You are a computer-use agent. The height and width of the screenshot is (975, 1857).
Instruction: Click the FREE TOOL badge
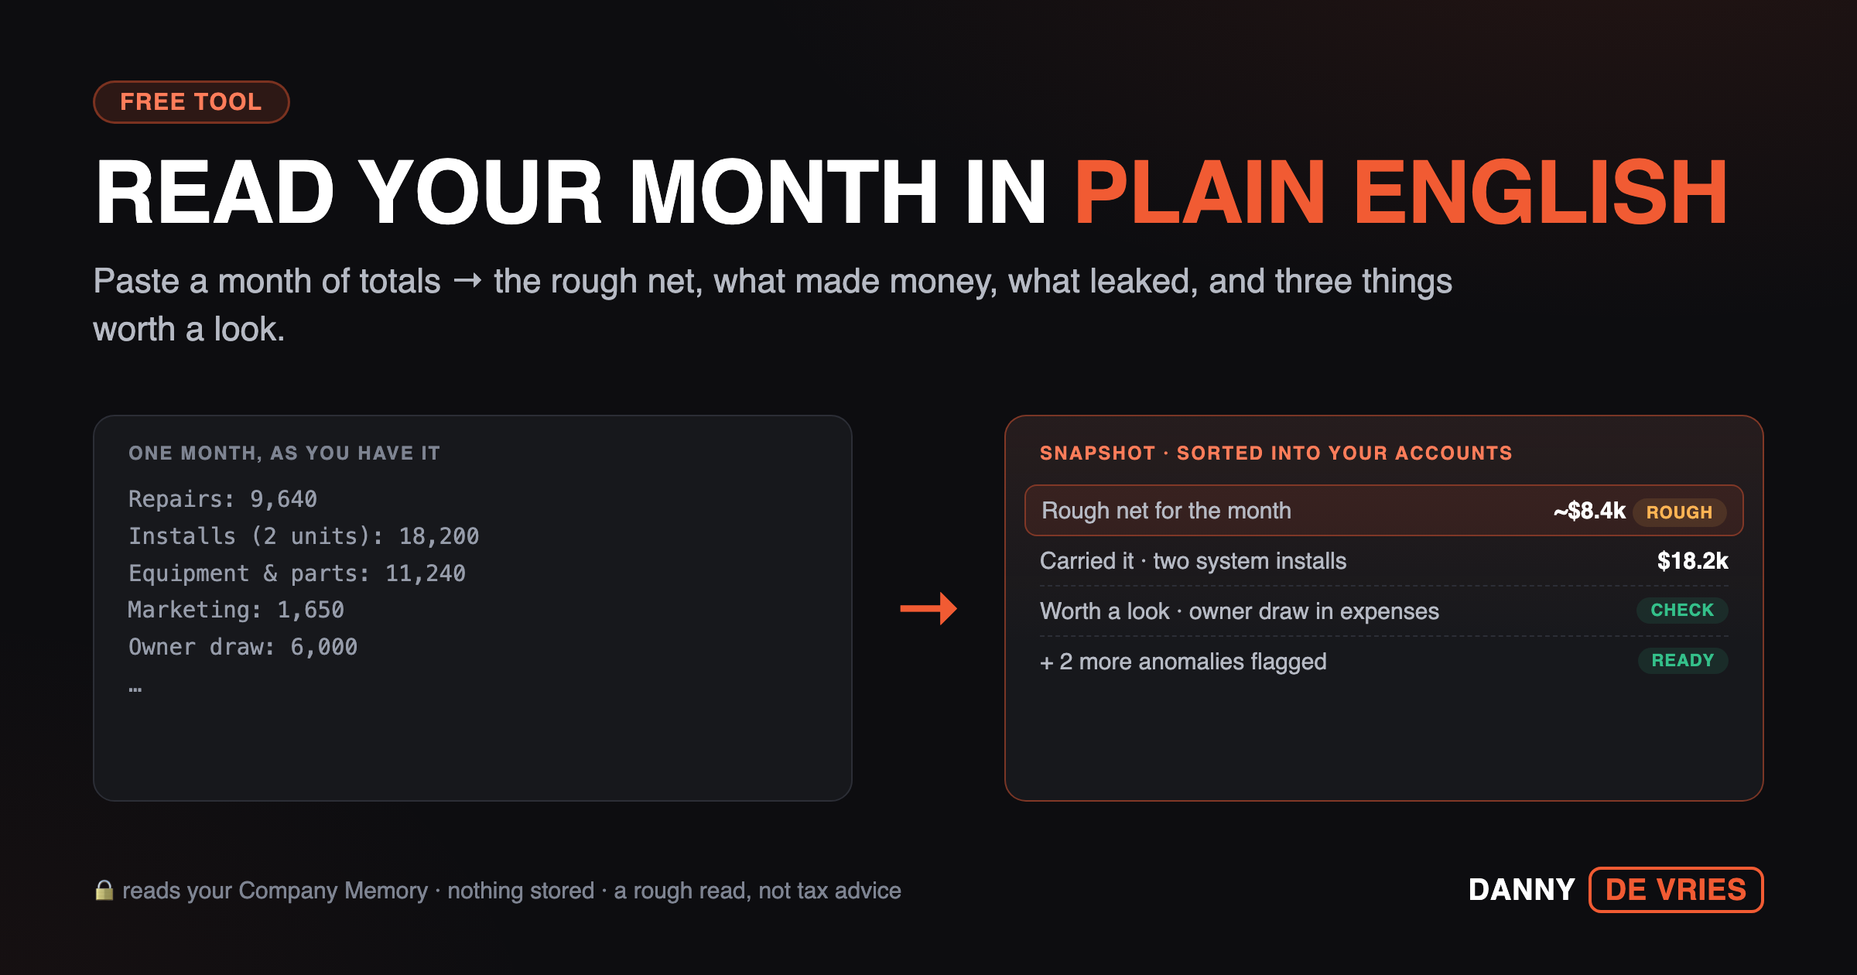(x=191, y=102)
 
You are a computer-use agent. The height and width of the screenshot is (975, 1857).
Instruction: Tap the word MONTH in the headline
(x=783, y=192)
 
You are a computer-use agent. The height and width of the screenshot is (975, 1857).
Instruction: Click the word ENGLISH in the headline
(x=1540, y=192)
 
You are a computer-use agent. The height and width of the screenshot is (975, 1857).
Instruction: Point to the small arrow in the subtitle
(x=467, y=280)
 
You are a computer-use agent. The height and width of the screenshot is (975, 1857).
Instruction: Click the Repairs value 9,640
(x=283, y=499)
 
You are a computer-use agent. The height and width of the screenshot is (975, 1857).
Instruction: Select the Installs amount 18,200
(x=439, y=536)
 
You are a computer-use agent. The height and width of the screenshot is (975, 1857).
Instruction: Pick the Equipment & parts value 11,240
(x=426, y=573)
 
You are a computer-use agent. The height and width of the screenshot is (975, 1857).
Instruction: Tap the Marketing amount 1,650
(x=311, y=610)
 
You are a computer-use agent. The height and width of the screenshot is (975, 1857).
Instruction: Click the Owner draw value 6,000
(x=324, y=647)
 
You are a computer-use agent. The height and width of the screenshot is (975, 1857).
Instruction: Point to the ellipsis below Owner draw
(x=135, y=689)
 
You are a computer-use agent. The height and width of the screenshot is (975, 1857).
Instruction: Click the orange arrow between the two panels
(x=929, y=608)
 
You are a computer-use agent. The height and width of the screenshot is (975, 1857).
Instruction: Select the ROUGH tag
(x=1679, y=512)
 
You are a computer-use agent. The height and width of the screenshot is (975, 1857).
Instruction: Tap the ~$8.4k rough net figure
(x=1589, y=511)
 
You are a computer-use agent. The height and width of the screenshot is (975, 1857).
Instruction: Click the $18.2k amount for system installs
(x=1692, y=561)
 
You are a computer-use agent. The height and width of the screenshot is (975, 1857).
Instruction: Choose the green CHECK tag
(x=1682, y=610)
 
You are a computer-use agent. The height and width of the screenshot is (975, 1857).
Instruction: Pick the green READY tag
(x=1683, y=660)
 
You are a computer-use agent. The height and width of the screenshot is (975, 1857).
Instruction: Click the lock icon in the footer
(x=104, y=890)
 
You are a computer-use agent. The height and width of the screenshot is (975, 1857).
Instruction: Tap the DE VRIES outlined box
(x=1676, y=890)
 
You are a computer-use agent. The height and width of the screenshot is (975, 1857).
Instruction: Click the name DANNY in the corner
(x=1522, y=890)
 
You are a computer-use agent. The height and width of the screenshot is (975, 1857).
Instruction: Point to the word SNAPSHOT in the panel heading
(x=1097, y=453)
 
